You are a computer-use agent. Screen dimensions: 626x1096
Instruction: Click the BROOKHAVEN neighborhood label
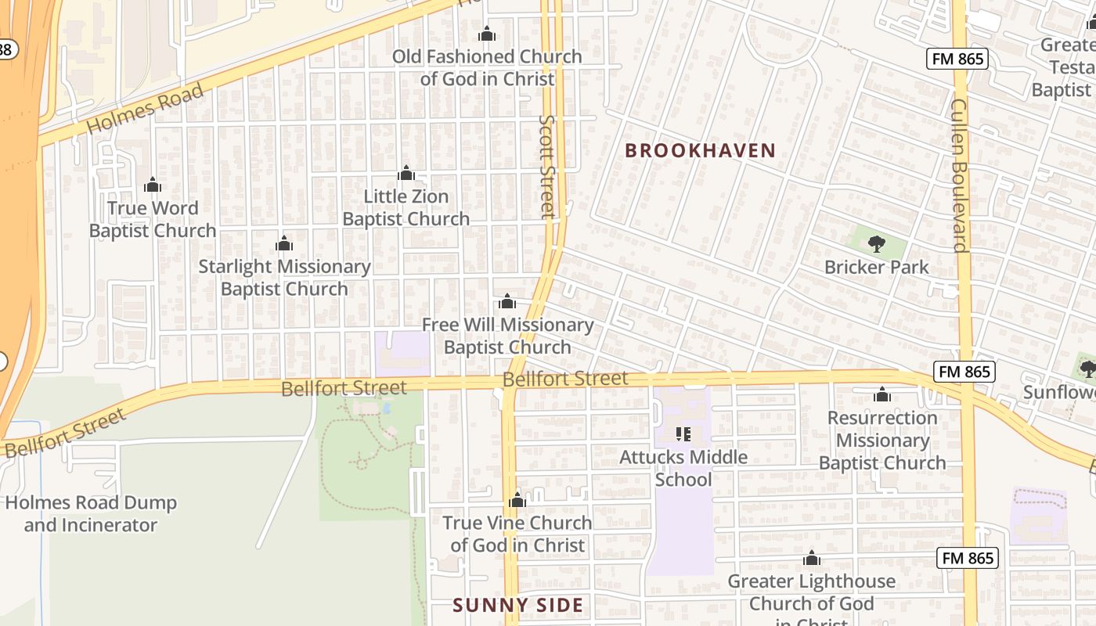coord(700,151)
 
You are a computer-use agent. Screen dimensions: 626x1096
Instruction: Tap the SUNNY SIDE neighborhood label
coord(518,605)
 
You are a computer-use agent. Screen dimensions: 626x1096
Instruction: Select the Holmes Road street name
coord(145,109)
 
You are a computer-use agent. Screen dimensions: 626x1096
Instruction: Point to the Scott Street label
coord(547,166)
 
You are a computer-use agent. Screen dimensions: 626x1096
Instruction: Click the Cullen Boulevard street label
coord(960,175)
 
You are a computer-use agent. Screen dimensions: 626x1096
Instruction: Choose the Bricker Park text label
coord(877,267)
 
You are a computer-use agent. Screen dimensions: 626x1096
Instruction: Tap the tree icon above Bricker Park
coord(877,244)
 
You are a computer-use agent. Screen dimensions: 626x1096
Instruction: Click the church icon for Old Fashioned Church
coord(487,34)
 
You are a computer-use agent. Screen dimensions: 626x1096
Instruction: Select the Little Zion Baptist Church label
coord(406,207)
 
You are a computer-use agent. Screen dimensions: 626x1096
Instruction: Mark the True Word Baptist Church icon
coord(153,185)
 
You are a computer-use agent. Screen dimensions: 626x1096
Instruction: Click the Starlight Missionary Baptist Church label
coord(284,278)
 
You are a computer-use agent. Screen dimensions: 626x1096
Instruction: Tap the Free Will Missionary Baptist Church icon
coord(507,302)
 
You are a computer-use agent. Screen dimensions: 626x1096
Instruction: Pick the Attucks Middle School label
coord(683,467)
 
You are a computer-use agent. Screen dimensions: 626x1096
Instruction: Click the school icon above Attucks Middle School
coord(683,434)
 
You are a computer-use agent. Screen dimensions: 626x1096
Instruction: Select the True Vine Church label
coord(517,534)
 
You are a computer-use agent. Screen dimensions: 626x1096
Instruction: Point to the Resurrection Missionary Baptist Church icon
coord(882,394)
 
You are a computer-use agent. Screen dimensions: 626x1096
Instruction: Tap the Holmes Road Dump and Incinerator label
coord(91,513)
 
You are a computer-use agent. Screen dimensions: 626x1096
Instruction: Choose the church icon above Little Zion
coord(406,173)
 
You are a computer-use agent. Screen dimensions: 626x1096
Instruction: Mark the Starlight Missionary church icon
coord(284,244)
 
